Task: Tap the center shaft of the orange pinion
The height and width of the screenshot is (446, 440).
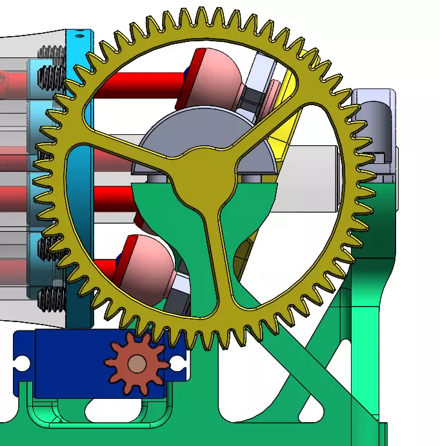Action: click(x=136, y=365)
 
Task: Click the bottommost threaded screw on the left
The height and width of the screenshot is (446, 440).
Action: click(x=52, y=298)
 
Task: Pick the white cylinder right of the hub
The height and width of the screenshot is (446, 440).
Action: click(x=310, y=161)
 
